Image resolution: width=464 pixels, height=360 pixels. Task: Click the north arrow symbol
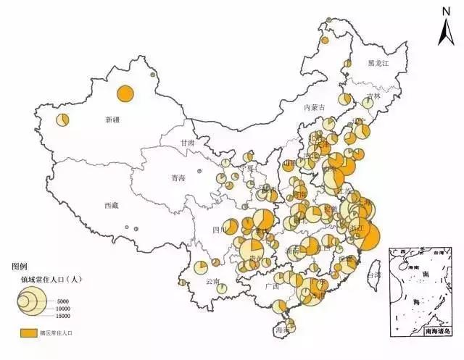click(x=446, y=29)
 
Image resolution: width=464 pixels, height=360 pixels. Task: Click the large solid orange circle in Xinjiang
click(x=125, y=93)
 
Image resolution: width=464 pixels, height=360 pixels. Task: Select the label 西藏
click(x=111, y=206)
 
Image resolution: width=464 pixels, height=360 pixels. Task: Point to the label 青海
click(x=178, y=177)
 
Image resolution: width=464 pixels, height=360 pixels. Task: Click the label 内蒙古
click(x=315, y=107)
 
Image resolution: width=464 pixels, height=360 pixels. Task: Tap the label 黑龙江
click(x=378, y=64)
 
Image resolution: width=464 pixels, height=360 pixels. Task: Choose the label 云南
click(x=212, y=281)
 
